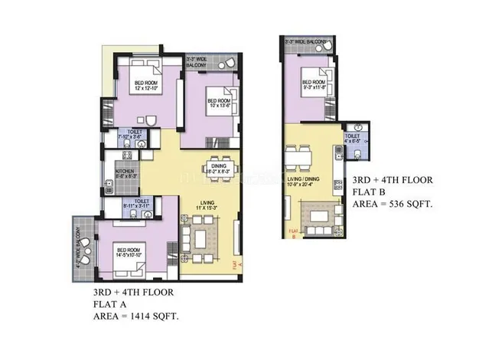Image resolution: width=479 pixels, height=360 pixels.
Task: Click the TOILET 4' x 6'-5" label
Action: [x=353, y=139]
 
